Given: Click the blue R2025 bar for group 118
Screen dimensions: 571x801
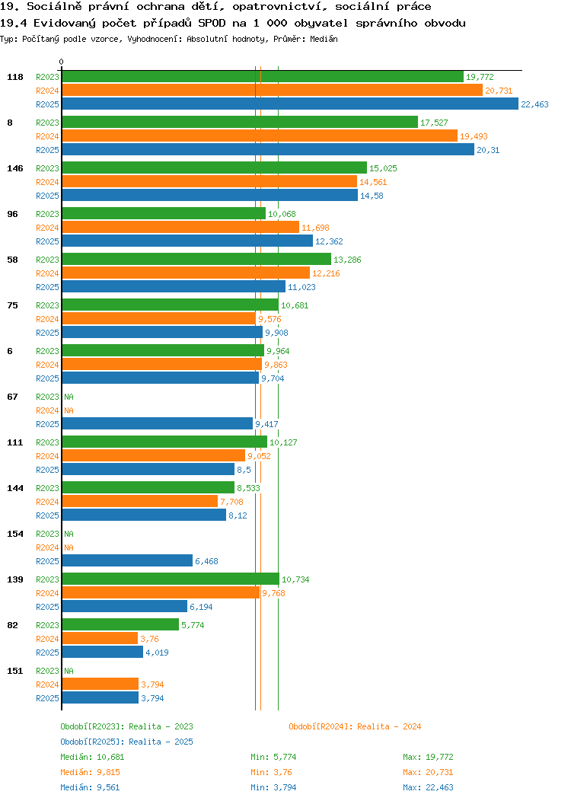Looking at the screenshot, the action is (x=290, y=104).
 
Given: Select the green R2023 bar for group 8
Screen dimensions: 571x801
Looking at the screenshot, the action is (x=240, y=122).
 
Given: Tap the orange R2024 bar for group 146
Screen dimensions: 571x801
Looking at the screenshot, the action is (x=209, y=181).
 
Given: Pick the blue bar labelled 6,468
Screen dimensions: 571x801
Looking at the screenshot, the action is (x=127, y=560).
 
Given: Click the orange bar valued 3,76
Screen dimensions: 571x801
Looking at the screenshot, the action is (x=100, y=638).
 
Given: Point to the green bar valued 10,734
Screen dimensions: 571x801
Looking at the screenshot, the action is (x=171, y=579).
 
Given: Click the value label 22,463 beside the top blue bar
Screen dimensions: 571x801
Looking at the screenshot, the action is (x=534, y=104).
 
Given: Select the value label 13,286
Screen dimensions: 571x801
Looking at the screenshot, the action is (x=347, y=260).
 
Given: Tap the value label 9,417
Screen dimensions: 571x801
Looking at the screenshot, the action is (x=266, y=424).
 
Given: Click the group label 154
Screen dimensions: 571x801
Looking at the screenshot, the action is (x=15, y=534).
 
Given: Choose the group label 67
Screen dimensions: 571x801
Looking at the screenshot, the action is (x=12, y=397).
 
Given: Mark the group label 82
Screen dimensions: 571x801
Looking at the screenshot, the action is (x=12, y=625).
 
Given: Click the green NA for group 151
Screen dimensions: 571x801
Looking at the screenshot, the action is (x=69, y=671).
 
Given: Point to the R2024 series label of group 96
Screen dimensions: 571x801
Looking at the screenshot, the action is (x=47, y=228).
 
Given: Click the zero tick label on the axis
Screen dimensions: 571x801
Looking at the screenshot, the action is (x=62, y=62).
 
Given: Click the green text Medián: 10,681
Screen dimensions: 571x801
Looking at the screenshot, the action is (x=92, y=757).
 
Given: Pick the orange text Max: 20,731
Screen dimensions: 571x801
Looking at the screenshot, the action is (x=428, y=772).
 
